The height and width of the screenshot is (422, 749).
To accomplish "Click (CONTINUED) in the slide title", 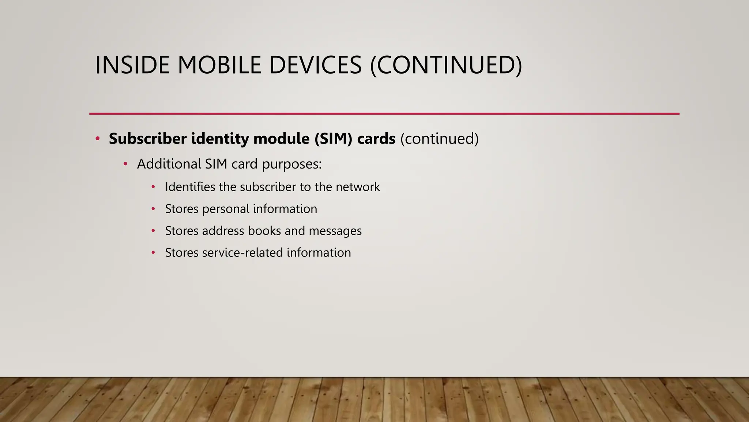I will tap(446, 65).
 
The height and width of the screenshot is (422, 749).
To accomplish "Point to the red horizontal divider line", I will tap(384, 114).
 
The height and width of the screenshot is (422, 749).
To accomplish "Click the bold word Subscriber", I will tap(147, 138).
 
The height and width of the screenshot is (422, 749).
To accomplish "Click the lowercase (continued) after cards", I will tap(439, 138).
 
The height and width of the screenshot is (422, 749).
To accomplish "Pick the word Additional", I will tap(169, 164).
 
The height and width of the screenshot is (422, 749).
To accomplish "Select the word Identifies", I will tap(190, 187).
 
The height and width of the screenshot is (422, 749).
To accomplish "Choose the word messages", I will tap(335, 231).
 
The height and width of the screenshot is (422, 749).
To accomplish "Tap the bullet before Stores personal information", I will tap(153, 209).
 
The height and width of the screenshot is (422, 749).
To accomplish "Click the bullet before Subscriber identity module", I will tap(97, 138).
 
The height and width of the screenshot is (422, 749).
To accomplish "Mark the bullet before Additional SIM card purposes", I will tap(125, 164).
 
